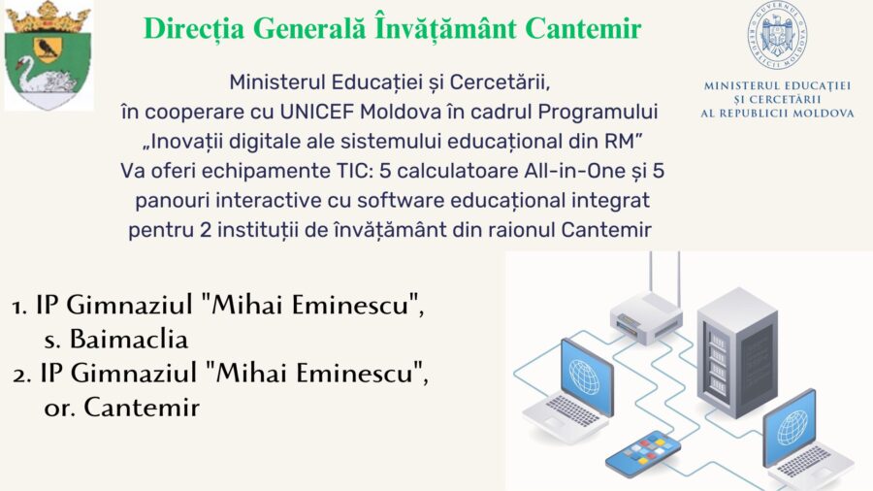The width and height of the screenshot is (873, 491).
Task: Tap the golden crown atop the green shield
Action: pos(48,16)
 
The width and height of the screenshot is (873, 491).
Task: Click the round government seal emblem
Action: pos(777,35)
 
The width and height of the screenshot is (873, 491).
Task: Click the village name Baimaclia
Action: pos(129,339)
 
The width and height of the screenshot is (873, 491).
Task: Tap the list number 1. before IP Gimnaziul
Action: pos(20,307)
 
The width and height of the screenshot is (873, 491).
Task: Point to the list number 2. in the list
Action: pos(22,375)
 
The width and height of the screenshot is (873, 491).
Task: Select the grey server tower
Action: pos(737,353)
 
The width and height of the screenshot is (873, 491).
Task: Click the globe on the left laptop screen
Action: pos(585,376)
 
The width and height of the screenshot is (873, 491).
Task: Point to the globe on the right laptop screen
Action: pos(792,427)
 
